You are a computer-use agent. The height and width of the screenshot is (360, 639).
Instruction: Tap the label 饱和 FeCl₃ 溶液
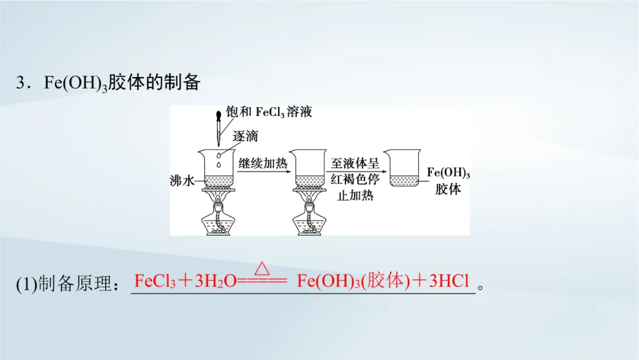[269, 112]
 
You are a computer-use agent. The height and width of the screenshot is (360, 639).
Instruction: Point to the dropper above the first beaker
[219, 127]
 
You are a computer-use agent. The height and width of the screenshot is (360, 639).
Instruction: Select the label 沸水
[182, 182]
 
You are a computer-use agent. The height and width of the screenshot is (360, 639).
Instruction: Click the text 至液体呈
[355, 164]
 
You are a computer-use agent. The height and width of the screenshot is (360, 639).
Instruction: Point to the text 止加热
[355, 195]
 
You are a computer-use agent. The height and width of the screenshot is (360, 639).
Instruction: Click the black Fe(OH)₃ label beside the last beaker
[448, 173]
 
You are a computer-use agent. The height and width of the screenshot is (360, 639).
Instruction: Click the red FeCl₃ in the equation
[155, 281]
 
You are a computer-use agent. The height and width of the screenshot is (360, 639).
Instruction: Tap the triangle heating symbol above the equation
[261, 268]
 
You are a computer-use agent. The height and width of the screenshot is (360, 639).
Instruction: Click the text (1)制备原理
[67, 284]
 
